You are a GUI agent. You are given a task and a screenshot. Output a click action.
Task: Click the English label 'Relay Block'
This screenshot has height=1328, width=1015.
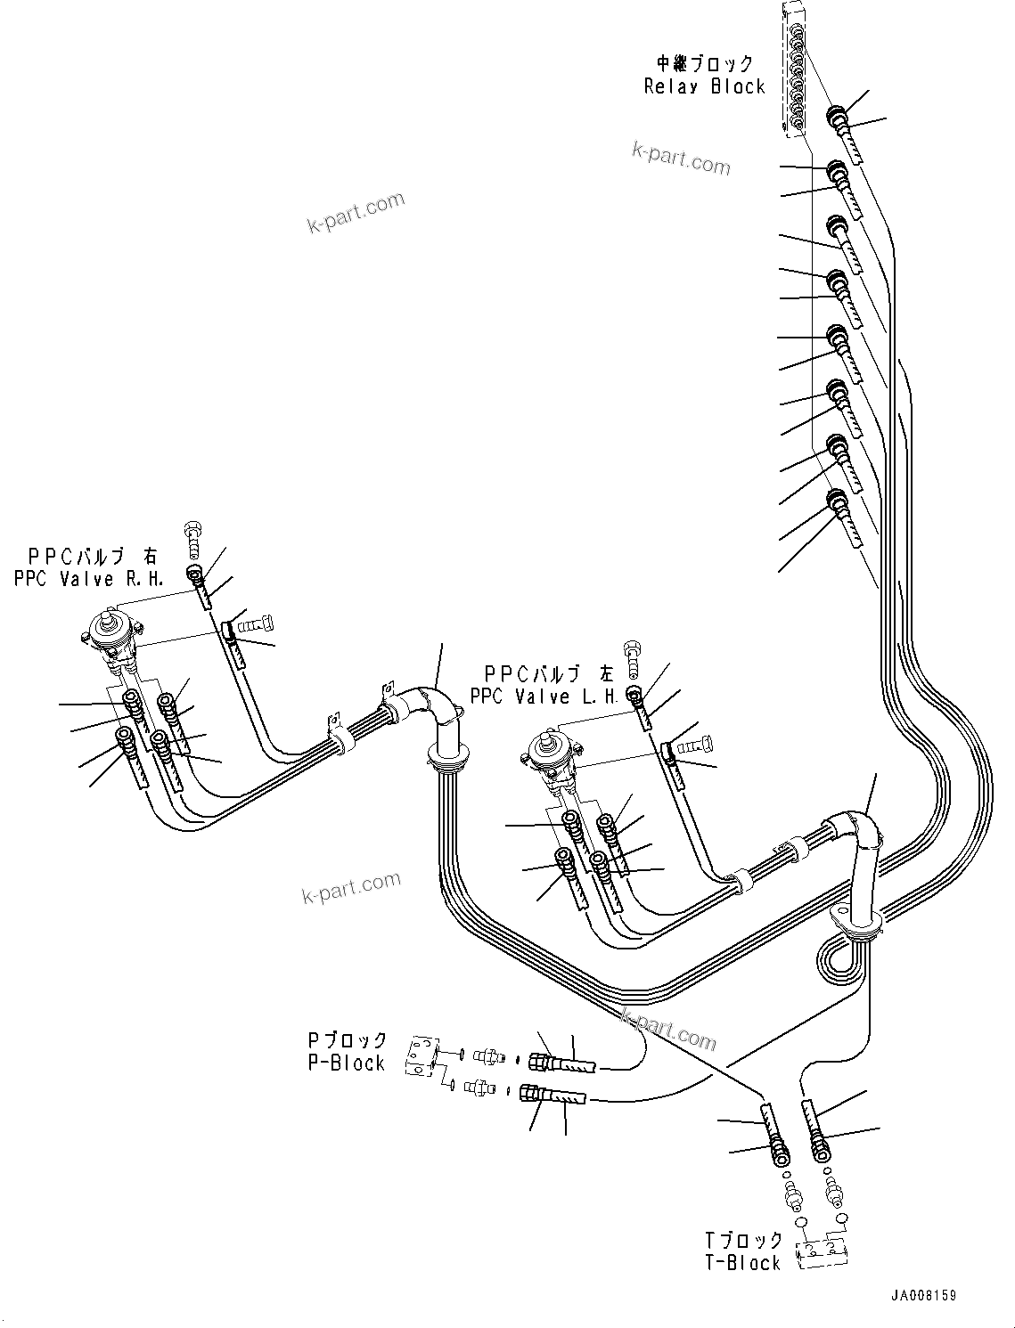pos(704,86)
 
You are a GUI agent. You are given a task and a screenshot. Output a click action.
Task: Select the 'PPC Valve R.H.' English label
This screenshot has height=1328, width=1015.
pos(88,579)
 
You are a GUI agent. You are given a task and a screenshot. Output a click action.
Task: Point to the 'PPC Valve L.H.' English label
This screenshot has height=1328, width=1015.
pos(544,697)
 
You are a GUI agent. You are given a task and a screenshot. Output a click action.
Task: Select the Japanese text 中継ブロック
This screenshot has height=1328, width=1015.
pos(705,63)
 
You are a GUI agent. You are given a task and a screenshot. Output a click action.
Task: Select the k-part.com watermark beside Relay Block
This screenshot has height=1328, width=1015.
pos(681,158)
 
